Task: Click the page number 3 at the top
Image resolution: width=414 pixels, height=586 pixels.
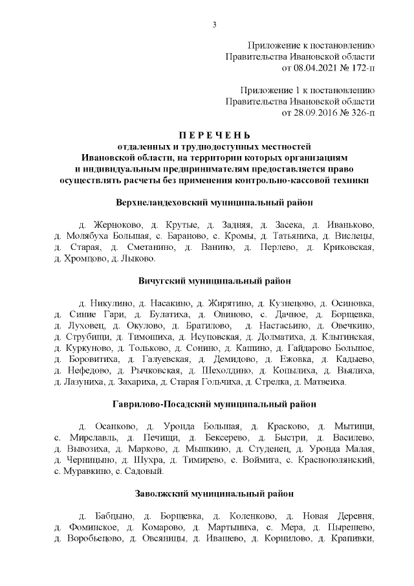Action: point(213,25)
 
